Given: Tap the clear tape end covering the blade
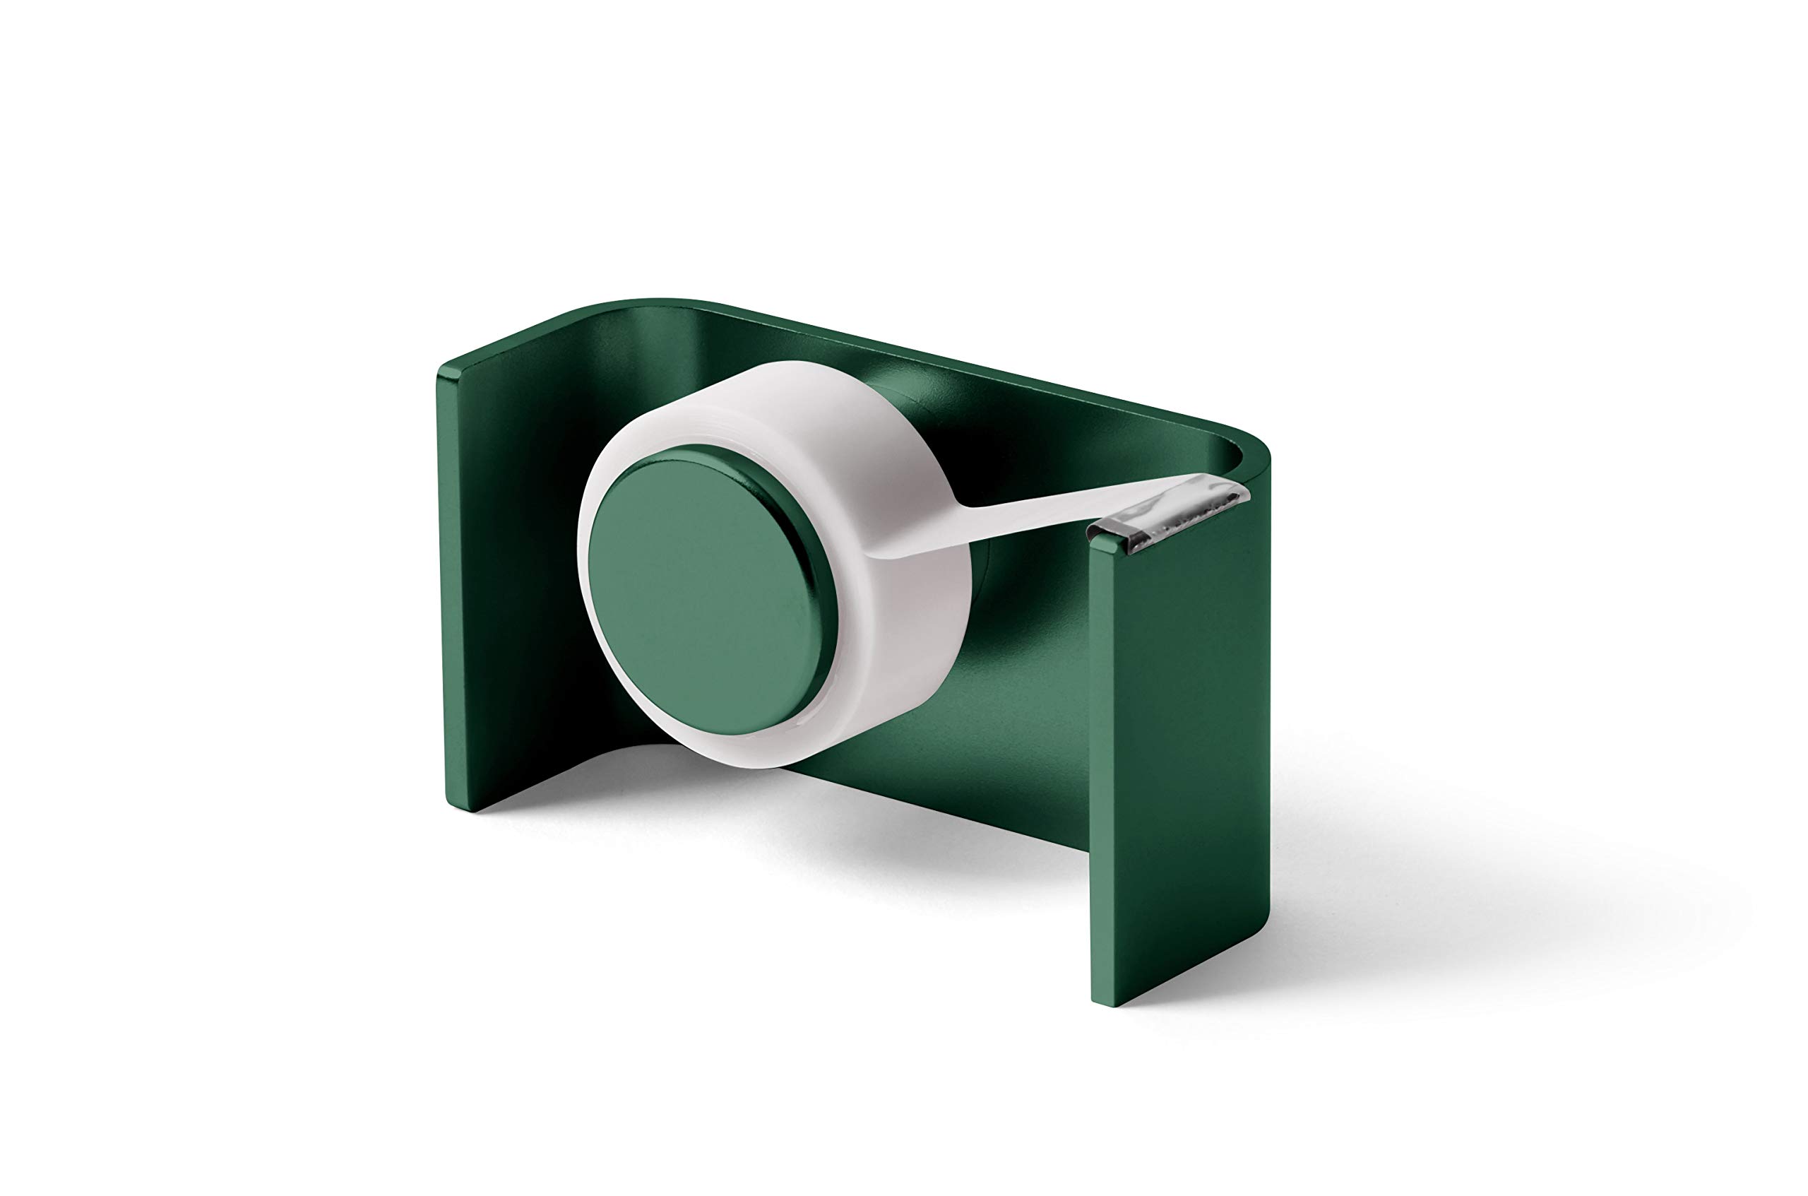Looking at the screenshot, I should pyautogui.click(x=1213, y=488).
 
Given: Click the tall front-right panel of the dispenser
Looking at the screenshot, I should pyautogui.click(x=1174, y=763).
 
